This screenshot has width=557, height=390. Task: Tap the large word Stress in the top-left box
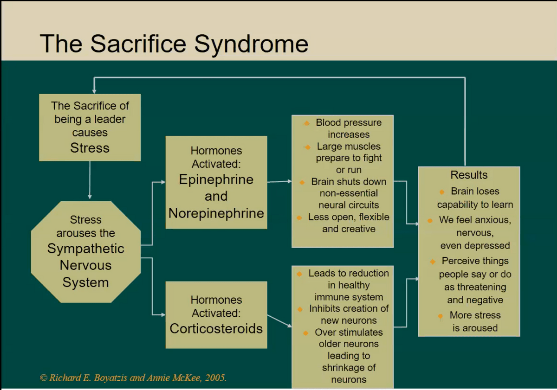90,148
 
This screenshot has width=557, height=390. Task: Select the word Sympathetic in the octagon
86,249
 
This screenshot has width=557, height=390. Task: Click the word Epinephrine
216,180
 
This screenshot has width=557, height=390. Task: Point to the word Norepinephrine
216,214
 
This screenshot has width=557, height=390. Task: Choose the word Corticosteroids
216,328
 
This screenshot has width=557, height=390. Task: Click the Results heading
469,175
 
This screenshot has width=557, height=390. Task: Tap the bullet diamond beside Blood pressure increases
307,123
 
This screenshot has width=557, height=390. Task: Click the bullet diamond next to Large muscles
308,147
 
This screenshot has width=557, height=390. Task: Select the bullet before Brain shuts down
302,183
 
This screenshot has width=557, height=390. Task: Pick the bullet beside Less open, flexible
299,218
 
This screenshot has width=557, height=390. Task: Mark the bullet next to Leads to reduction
299,274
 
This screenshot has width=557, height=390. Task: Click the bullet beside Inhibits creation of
300,309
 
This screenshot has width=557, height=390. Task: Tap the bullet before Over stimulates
306,333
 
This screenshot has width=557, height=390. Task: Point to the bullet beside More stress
440,316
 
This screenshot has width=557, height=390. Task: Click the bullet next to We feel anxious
430,221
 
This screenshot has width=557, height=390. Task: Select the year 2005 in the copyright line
215,378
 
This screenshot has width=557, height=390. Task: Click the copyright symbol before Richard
43,378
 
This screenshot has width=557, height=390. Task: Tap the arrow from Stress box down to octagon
90,180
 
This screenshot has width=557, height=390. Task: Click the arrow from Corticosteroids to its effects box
279,321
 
